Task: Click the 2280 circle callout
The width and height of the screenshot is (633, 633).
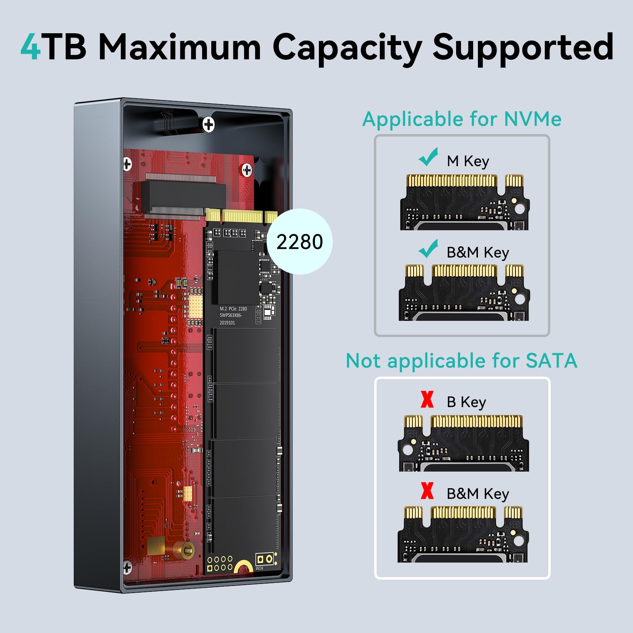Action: [x=299, y=242]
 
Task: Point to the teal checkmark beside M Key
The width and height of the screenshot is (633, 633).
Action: [x=428, y=157]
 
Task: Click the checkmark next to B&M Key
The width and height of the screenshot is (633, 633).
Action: [x=428, y=248]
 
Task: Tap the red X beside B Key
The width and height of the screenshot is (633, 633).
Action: [x=427, y=399]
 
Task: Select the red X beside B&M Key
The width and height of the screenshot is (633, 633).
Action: [x=427, y=491]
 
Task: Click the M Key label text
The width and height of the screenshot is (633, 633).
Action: [x=468, y=161]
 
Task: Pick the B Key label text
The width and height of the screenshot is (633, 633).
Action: [x=466, y=402]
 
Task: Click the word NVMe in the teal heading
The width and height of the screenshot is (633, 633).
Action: [x=533, y=119]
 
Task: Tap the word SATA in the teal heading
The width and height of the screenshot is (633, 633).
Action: [x=552, y=360]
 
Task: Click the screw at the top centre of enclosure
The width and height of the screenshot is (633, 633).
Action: [x=208, y=125]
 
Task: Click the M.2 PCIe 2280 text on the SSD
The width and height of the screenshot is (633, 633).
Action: [x=233, y=309]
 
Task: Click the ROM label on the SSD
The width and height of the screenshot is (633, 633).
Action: [x=259, y=568]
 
